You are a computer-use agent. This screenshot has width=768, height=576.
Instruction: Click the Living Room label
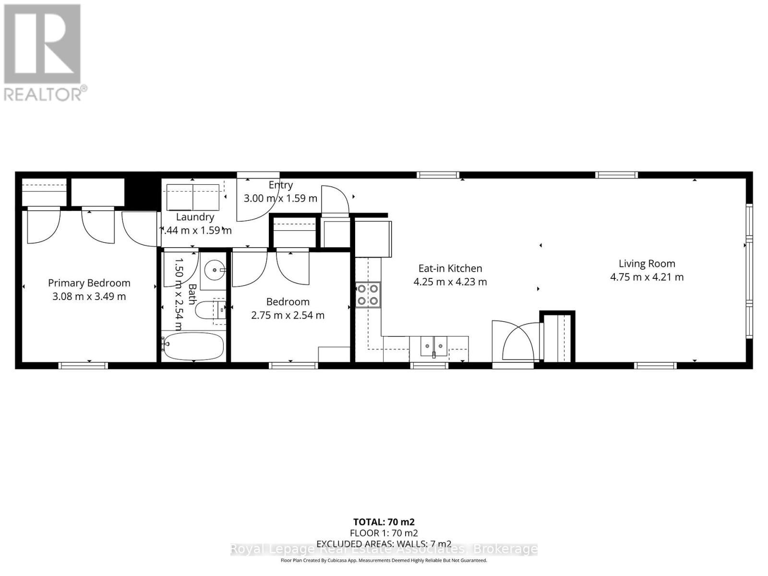click(647, 264)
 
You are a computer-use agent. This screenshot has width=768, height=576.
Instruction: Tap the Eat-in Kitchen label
click(450, 268)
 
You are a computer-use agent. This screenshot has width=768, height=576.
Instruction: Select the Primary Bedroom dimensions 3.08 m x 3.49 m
click(89, 297)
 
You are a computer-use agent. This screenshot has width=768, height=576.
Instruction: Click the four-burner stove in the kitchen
click(368, 295)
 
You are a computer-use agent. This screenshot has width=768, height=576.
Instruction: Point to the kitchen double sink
click(433, 346)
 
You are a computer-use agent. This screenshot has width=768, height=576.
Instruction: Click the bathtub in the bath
click(193, 347)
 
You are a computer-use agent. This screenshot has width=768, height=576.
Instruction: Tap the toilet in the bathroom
click(210, 310)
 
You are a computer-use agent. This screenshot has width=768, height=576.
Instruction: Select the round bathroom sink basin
click(214, 271)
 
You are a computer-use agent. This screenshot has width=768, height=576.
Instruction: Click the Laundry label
click(195, 217)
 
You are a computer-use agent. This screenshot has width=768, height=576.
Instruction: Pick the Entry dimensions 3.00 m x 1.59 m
click(280, 198)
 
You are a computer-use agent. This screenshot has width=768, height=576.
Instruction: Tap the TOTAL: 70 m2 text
click(384, 522)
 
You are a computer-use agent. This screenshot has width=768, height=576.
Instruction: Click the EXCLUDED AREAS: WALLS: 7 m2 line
click(384, 543)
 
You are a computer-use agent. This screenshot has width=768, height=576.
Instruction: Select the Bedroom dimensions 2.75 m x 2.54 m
click(288, 315)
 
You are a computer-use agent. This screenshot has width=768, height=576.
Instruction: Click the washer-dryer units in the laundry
click(193, 197)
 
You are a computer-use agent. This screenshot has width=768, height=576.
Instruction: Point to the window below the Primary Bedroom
click(83, 366)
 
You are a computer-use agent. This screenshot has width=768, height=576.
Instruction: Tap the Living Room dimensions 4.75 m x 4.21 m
click(647, 277)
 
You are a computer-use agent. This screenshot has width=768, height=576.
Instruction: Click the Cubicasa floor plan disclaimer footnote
click(384, 560)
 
